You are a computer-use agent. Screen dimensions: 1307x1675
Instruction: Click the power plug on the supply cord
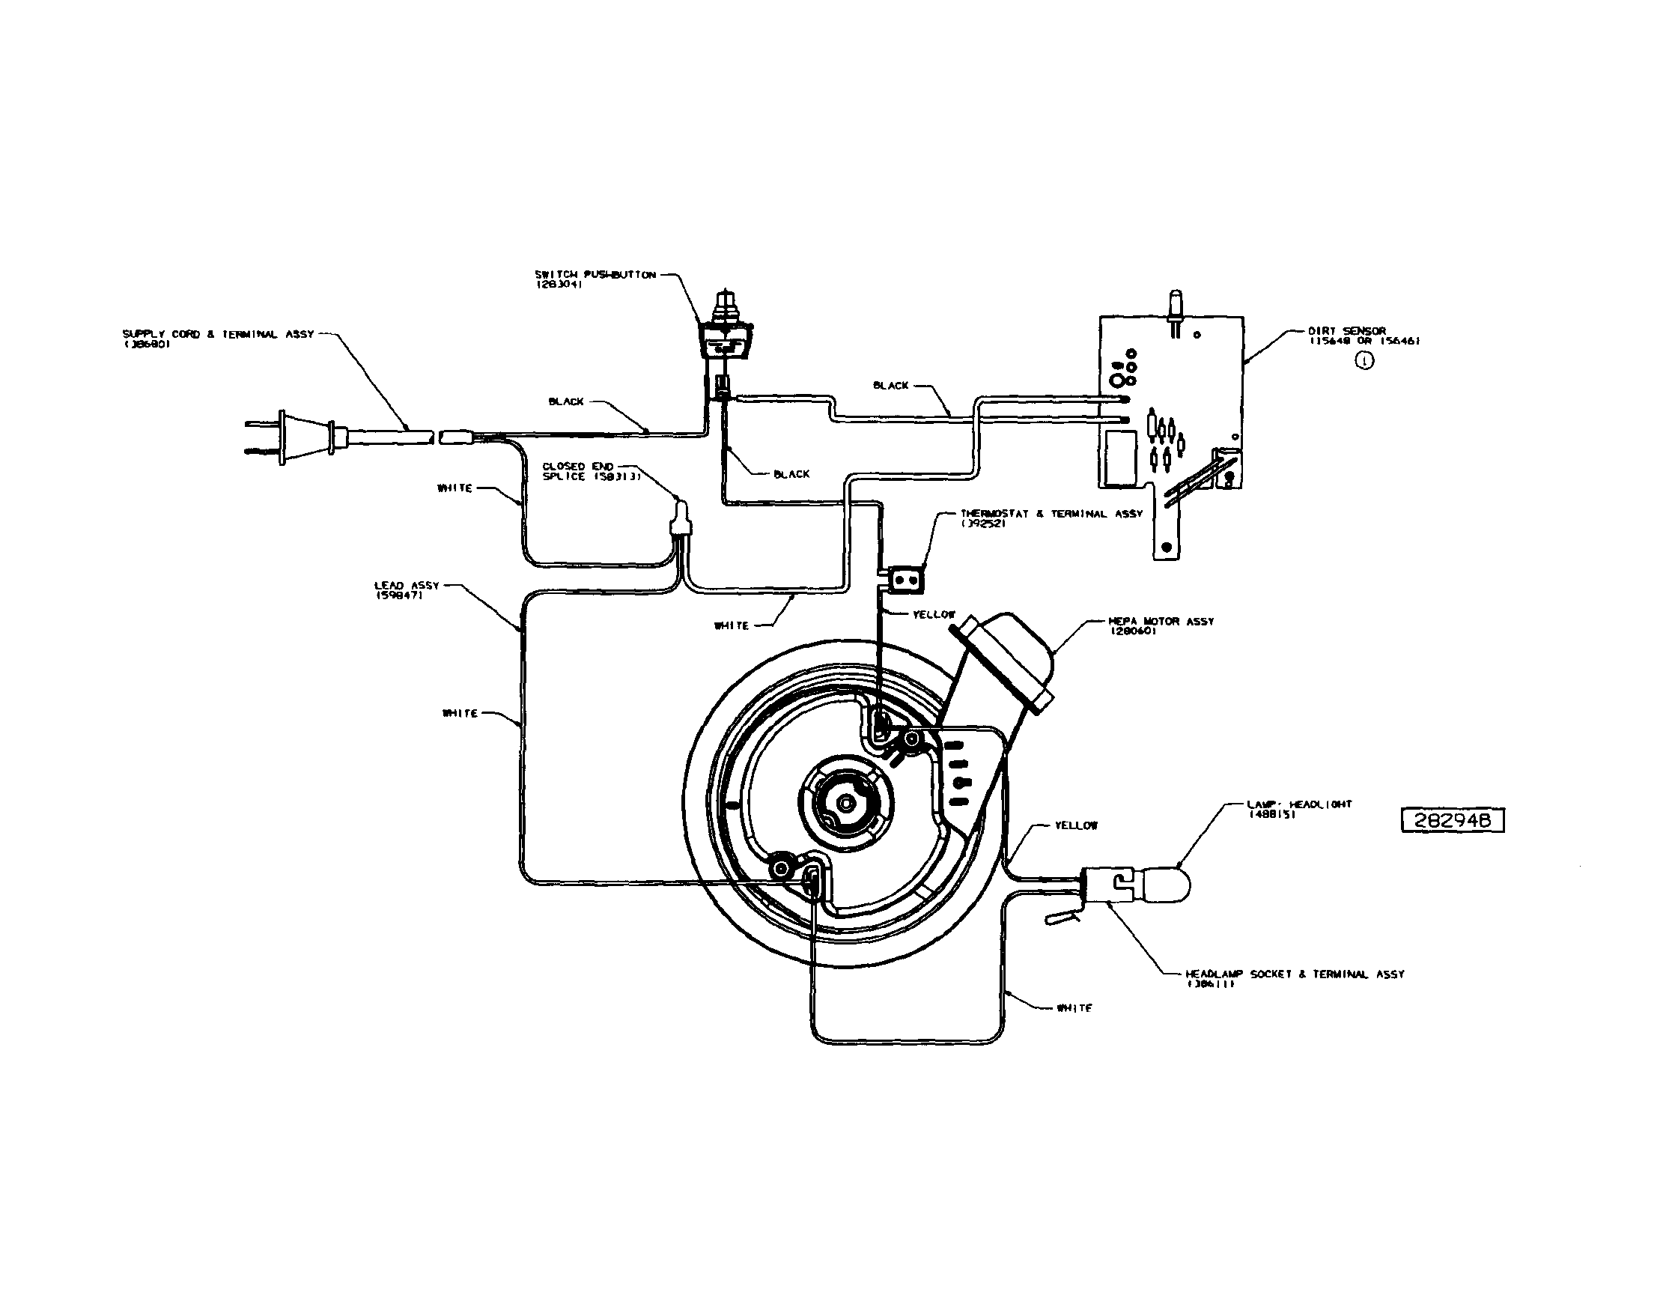[x=291, y=438]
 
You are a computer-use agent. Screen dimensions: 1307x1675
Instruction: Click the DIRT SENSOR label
[x=1347, y=331]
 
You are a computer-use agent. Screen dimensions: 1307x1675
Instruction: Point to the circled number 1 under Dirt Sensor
[x=1365, y=360]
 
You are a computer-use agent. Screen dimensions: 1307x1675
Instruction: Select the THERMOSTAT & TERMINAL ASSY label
[x=1051, y=514]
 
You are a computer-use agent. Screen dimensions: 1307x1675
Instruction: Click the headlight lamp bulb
[x=1166, y=884]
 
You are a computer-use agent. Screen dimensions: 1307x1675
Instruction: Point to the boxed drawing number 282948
[x=1453, y=819]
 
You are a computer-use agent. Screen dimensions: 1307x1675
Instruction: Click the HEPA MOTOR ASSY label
[x=1161, y=621]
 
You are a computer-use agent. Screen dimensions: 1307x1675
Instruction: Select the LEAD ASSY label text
[x=407, y=586]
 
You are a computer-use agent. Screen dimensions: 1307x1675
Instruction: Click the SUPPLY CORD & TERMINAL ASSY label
[x=218, y=334]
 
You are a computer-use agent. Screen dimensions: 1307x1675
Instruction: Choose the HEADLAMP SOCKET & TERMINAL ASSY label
[x=1295, y=974]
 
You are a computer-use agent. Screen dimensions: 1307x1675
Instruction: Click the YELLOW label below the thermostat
[x=934, y=614]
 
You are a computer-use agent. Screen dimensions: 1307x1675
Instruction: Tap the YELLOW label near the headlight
[x=1075, y=825]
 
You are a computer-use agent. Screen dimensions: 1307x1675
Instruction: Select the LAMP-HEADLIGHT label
[x=1299, y=804]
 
